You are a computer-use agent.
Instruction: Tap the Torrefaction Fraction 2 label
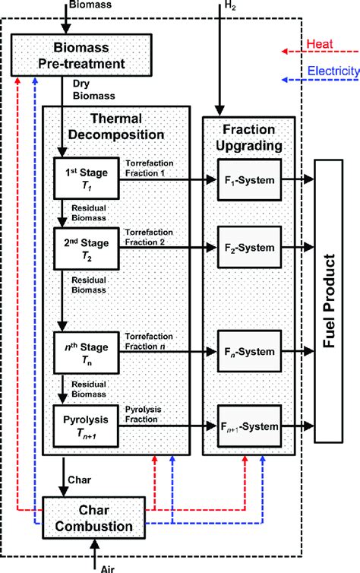pos(156,236)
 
